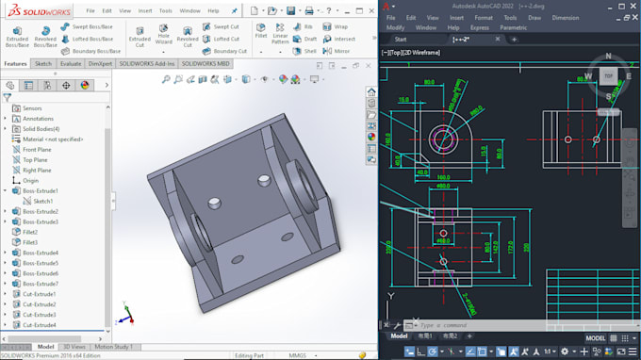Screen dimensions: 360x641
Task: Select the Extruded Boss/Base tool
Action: coord(16,37)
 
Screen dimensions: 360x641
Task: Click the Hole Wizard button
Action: coord(164,37)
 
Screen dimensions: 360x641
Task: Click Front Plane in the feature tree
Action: coord(38,149)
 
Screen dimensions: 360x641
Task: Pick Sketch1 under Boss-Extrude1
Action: coord(43,201)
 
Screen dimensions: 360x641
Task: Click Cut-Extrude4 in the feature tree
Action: coord(40,325)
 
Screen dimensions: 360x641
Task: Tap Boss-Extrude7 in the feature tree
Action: coord(40,284)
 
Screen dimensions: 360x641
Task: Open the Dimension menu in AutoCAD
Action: coord(566,17)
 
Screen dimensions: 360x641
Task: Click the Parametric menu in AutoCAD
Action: coord(514,27)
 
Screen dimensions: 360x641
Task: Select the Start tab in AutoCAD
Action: coord(401,40)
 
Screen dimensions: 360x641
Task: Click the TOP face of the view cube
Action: coord(608,74)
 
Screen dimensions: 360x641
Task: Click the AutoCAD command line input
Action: coord(471,325)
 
